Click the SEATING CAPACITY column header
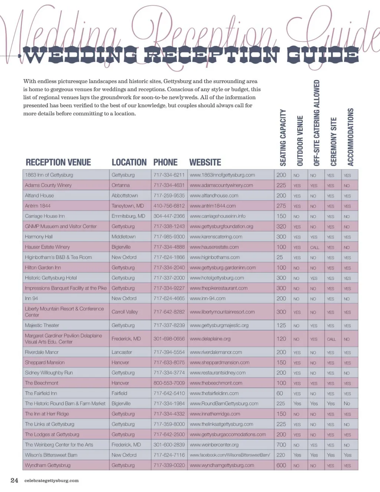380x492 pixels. click(283, 138)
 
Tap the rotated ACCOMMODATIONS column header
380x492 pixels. click(350, 137)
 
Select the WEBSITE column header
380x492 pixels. click(205, 162)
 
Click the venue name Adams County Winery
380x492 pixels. click(48, 185)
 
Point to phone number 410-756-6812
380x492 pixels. click(169, 206)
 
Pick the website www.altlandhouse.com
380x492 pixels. click(214, 196)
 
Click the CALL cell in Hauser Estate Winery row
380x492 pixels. click(314, 247)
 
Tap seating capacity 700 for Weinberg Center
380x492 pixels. click(281, 445)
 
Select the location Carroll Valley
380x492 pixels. click(125, 312)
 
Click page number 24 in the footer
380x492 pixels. click(14, 480)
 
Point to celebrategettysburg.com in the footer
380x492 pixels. click(51, 480)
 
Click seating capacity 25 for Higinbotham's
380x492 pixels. click(279, 257)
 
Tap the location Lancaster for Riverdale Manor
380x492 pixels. click(122, 352)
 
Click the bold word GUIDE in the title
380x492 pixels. click(322, 56)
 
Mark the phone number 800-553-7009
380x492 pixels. click(169, 383)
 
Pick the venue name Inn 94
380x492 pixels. click(32, 299)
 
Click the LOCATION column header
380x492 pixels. click(129, 162)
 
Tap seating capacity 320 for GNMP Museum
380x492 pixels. click(281, 227)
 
